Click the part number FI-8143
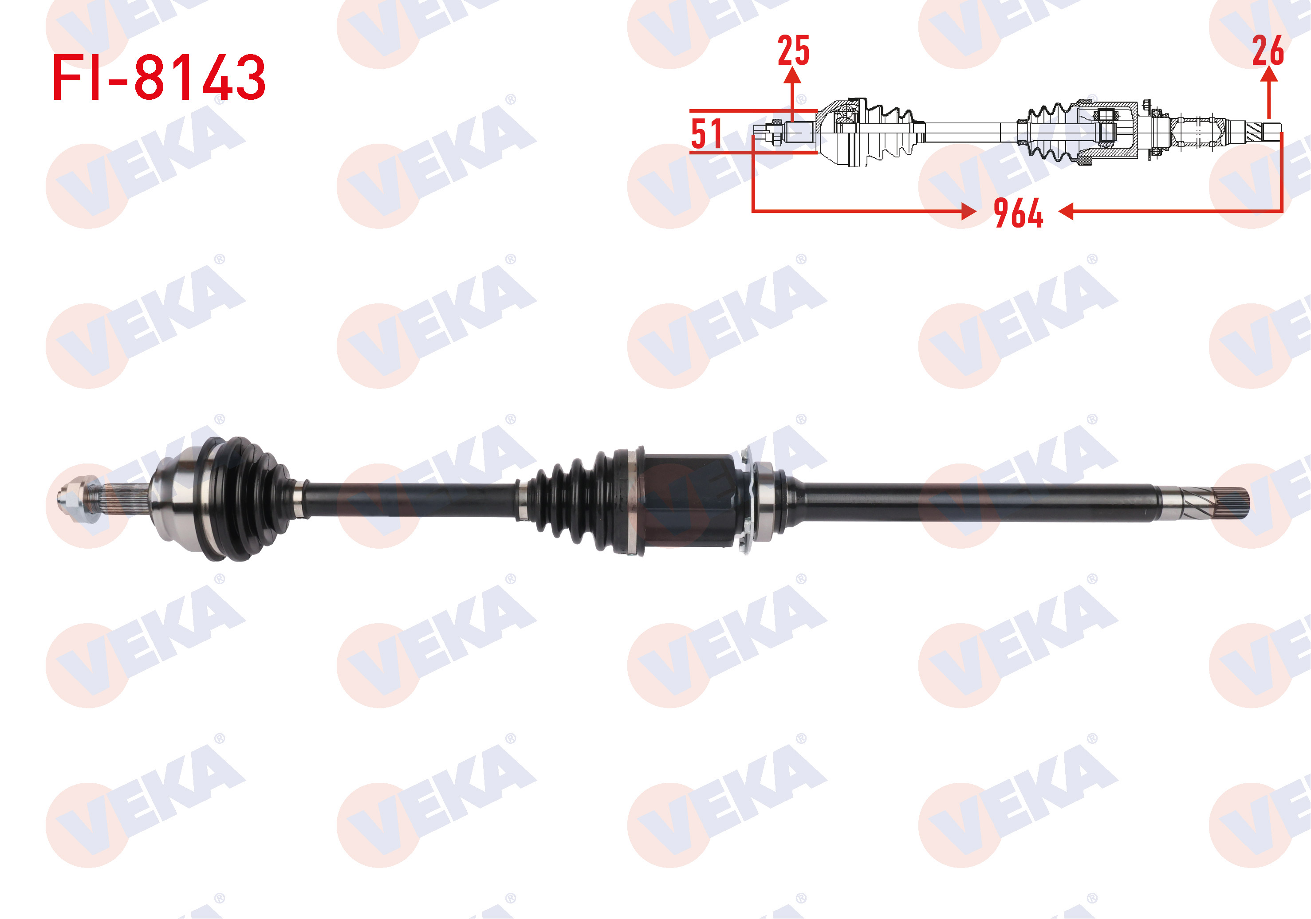[159, 78]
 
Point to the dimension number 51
[706, 134]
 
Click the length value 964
[1018, 213]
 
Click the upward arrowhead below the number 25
[792, 75]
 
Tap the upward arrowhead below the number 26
[1268, 75]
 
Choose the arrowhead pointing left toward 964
[1066, 212]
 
